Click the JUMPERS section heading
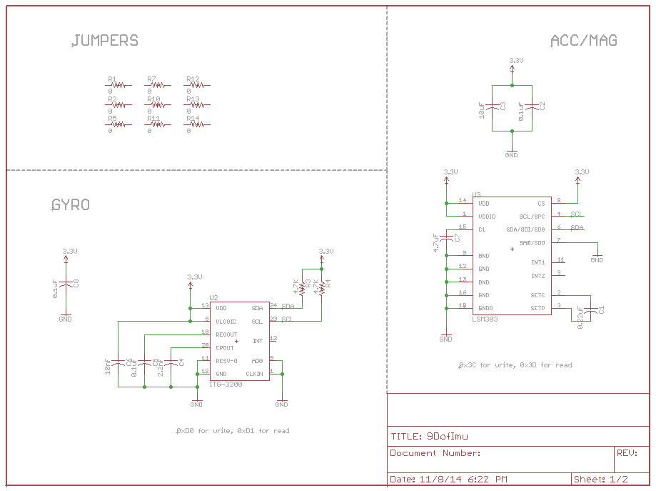pos(105,41)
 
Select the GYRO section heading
pos(71,205)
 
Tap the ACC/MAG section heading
pos(583,41)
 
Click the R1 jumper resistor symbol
pos(119,85)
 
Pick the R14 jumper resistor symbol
pos(198,124)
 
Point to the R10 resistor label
pos(153,99)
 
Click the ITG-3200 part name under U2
pos(226,385)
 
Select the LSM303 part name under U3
pos(485,319)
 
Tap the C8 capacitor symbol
pos(66,284)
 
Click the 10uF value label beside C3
pos(482,110)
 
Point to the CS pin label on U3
pos(541,203)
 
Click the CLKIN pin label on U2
pos(254,374)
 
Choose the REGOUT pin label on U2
pos(226,334)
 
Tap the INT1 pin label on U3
pos(538,262)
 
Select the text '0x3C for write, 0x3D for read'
pos(515,365)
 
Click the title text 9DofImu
pos(448,436)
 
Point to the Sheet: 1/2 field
pos(600,479)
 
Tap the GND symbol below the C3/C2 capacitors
pos(511,152)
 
